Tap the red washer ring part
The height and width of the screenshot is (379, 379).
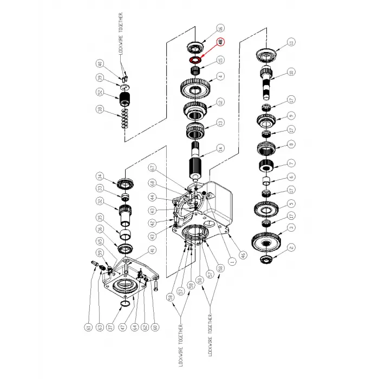click(x=194, y=59)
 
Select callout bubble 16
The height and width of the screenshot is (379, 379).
click(x=220, y=28)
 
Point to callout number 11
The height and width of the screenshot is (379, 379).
click(x=291, y=42)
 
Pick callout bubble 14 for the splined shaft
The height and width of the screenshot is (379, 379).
click(x=220, y=148)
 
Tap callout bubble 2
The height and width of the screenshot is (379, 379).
click(x=291, y=247)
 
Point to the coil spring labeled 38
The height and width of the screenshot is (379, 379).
click(x=124, y=117)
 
